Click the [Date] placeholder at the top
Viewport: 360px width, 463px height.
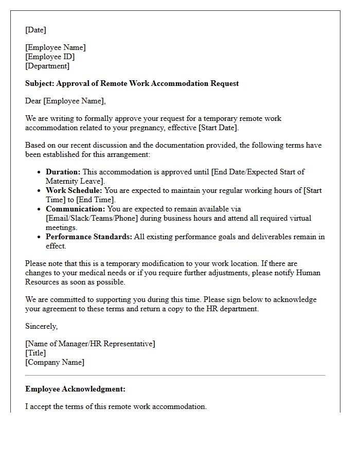[35, 30]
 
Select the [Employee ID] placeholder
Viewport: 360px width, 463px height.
[50, 57]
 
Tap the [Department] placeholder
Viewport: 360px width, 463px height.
[47, 66]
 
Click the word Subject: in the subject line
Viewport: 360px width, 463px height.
[40, 83]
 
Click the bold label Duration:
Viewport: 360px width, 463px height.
[63, 172]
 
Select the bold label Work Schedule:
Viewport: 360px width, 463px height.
[74, 190]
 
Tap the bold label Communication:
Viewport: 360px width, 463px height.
[75, 209]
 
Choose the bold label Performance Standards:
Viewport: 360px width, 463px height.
[89, 237]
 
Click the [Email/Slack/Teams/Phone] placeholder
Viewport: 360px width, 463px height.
[90, 218]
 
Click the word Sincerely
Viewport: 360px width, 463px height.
[41, 326]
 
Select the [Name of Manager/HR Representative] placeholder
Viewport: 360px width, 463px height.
[90, 344]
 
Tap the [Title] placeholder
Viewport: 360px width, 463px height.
[35, 353]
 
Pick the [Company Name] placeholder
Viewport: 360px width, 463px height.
[55, 362]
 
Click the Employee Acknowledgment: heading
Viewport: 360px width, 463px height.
[75, 389]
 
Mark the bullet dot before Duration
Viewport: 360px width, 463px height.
[39, 172]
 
